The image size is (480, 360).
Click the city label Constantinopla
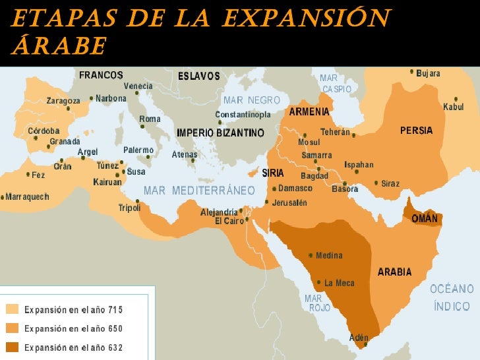[243, 115]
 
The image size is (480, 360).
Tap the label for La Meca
[339, 283]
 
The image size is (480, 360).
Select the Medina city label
[329, 255]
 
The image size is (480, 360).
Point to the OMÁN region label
[425, 218]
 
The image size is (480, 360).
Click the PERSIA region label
[416, 131]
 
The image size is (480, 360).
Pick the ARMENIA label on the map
[309, 111]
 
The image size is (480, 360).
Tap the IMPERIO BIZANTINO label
[220, 133]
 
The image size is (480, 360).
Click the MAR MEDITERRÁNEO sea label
[199, 191]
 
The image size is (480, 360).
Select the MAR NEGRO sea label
[252, 100]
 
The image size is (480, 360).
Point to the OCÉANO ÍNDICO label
[452, 297]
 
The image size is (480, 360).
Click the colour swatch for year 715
[13, 309]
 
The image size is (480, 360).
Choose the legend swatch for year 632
[13, 347]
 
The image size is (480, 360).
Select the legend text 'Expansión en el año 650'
[73, 328]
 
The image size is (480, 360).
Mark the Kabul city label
[453, 107]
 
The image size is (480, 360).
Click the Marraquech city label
[27, 196]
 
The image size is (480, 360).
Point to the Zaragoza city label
[63, 101]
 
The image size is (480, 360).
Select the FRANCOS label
[102, 75]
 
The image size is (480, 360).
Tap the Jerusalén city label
[289, 202]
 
